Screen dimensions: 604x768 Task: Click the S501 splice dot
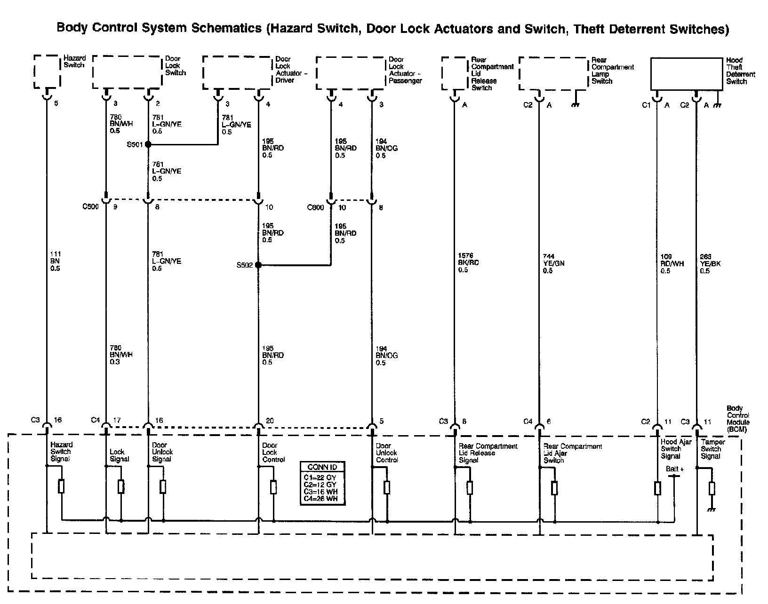[x=148, y=144]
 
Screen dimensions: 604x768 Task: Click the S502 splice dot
[x=258, y=265]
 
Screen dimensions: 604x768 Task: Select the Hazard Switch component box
[x=48, y=72]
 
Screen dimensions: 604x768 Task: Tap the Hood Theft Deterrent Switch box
[x=687, y=74]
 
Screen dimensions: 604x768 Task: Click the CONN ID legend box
[x=322, y=483]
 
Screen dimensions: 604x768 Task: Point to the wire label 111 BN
[x=55, y=261]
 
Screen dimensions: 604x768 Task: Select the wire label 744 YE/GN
[x=553, y=263]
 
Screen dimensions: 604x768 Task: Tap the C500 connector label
[x=91, y=207]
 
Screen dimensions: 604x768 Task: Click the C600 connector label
[x=315, y=207]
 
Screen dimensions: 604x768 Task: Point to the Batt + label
[x=674, y=469]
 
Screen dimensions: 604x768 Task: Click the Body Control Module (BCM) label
[x=738, y=419]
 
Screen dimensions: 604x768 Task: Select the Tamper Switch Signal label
[x=712, y=449]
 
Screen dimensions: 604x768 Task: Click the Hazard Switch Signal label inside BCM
[x=61, y=452]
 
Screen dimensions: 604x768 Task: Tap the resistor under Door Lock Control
[x=273, y=487]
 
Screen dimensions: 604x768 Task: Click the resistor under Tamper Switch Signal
[x=712, y=489]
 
